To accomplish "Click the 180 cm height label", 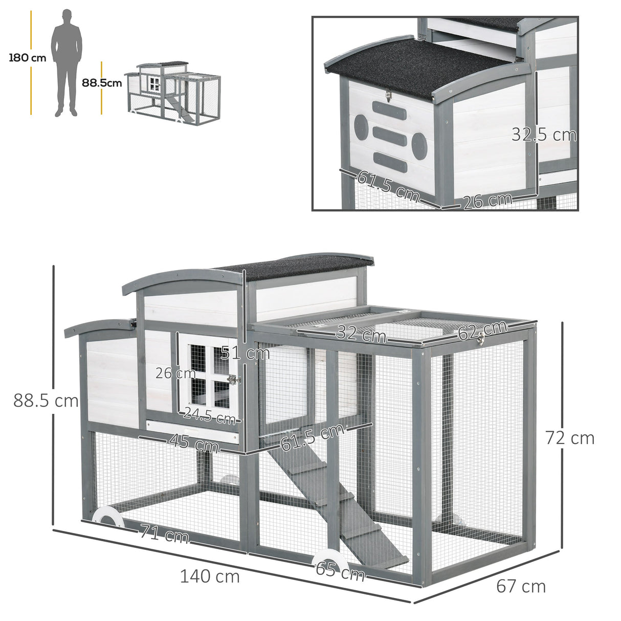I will pyautogui.click(x=27, y=58).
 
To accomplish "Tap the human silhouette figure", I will pyautogui.click(x=66, y=61).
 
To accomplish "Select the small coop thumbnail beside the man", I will pyautogui.click(x=172, y=92).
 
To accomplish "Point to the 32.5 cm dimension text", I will pyautogui.click(x=544, y=135).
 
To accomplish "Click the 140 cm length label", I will pyautogui.click(x=210, y=576).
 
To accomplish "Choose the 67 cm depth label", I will pyautogui.click(x=521, y=586).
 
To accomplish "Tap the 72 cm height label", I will pyautogui.click(x=570, y=438).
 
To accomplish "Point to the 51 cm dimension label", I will pyautogui.click(x=246, y=353).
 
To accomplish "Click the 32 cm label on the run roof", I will pyautogui.click(x=361, y=335).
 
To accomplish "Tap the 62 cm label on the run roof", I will pyautogui.click(x=482, y=330).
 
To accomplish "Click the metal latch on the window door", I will pyautogui.click(x=234, y=380).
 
